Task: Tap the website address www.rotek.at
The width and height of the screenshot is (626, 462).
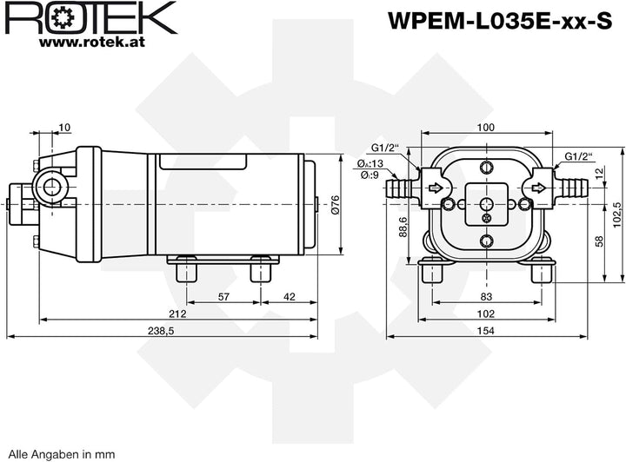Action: tap(92, 43)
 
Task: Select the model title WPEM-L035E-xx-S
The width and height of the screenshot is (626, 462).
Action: tap(500, 20)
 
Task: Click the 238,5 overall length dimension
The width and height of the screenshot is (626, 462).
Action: tap(162, 331)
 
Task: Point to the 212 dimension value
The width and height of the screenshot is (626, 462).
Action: tap(177, 313)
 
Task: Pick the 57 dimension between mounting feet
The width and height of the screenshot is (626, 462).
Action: tap(224, 297)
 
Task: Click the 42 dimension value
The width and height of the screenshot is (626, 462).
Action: tap(290, 297)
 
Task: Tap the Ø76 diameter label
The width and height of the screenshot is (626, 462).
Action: tap(335, 204)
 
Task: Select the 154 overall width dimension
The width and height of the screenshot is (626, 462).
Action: tap(486, 331)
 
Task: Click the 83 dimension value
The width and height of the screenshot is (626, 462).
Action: tap(486, 297)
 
